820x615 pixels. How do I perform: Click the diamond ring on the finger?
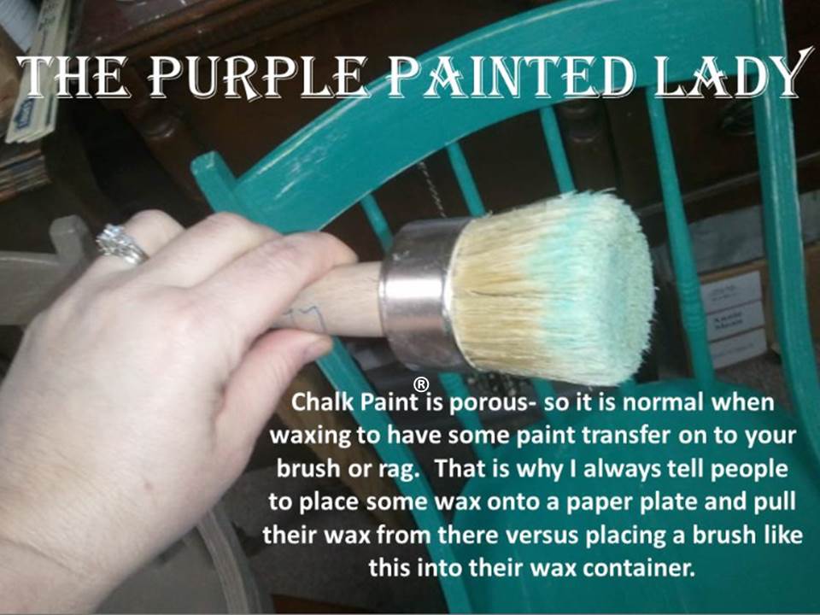120,243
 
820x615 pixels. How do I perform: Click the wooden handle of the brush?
335,301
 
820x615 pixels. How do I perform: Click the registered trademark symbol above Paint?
421,384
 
